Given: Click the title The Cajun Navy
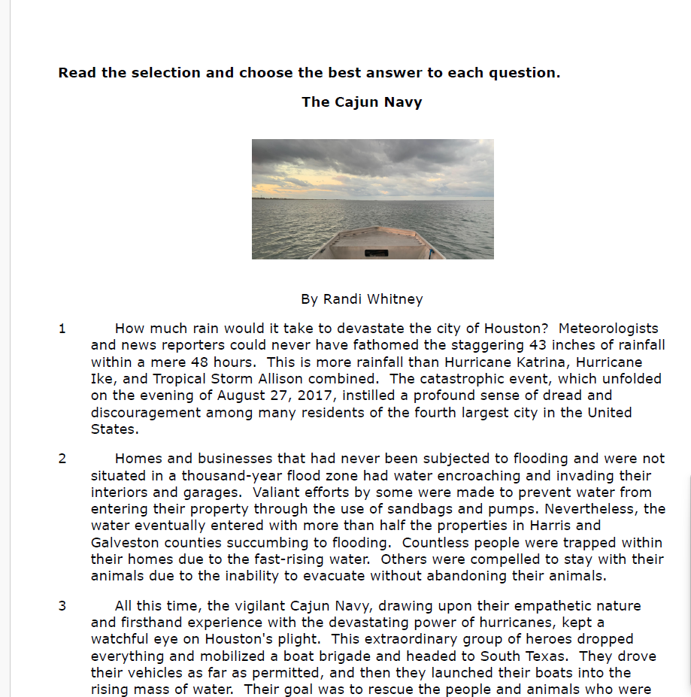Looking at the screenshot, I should [362, 102].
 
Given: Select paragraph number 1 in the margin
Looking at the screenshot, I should [62, 329].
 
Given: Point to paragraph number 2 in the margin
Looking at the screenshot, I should [62, 459].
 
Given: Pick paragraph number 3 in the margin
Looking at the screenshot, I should [62, 606].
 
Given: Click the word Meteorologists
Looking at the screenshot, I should [608, 329].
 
